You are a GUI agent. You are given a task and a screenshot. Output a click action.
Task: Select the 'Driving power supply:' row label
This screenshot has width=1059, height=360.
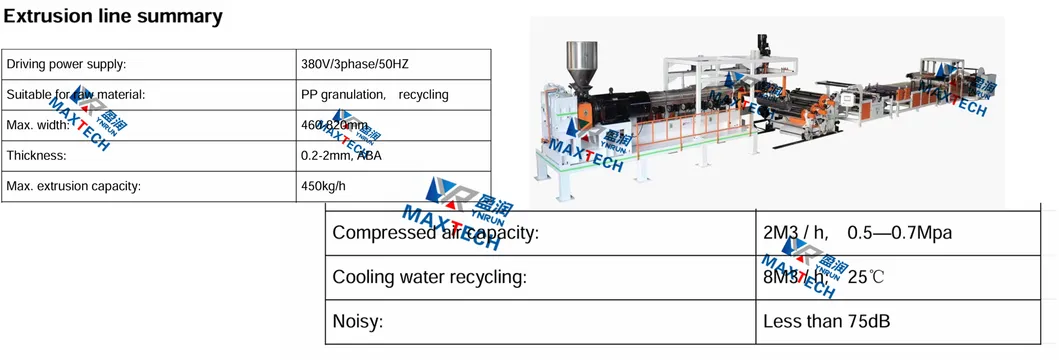point(66,64)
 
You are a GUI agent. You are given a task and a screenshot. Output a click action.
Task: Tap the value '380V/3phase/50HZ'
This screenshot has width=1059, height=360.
point(355,64)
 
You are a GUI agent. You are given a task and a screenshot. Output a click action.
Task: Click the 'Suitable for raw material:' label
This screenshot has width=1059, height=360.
point(76,94)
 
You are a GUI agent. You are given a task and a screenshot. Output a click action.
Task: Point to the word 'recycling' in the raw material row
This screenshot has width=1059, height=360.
point(423,94)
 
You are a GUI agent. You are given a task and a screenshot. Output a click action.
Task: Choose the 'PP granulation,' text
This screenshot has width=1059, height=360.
point(343,94)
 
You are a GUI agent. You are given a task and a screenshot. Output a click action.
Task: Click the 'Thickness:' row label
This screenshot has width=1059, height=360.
point(36,156)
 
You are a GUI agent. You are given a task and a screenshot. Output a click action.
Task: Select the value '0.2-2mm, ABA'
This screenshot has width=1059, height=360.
point(341,156)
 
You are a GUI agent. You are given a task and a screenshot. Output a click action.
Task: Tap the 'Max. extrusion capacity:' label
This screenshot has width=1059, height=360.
point(73,186)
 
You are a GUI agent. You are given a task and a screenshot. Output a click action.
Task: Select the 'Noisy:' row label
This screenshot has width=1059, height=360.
point(358,322)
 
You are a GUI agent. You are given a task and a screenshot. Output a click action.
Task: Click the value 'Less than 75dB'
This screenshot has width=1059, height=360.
point(827,322)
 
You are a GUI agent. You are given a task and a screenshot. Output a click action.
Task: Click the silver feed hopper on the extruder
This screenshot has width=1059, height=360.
point(580,60)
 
